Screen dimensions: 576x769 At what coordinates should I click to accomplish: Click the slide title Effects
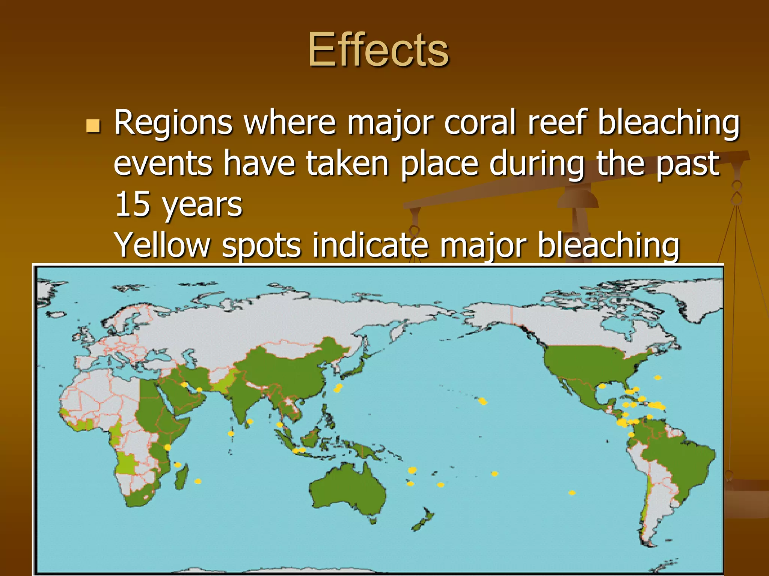(x=378, y=50)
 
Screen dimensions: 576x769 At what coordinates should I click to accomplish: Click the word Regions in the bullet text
(x=173, y=123)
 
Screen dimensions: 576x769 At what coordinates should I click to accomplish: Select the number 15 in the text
(x=132, y=204)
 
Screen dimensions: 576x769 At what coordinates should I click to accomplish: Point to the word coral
(x=481, y=123)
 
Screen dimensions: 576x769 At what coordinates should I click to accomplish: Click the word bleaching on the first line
(x=668, y=123)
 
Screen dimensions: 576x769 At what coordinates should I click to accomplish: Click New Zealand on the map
(x=424, y=519)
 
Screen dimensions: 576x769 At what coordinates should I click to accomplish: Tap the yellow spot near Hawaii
(x=483, y=402)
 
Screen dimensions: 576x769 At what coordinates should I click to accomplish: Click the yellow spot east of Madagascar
(x=198, y=481)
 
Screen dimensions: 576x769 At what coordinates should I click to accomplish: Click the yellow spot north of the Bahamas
(x=657, y=378)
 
